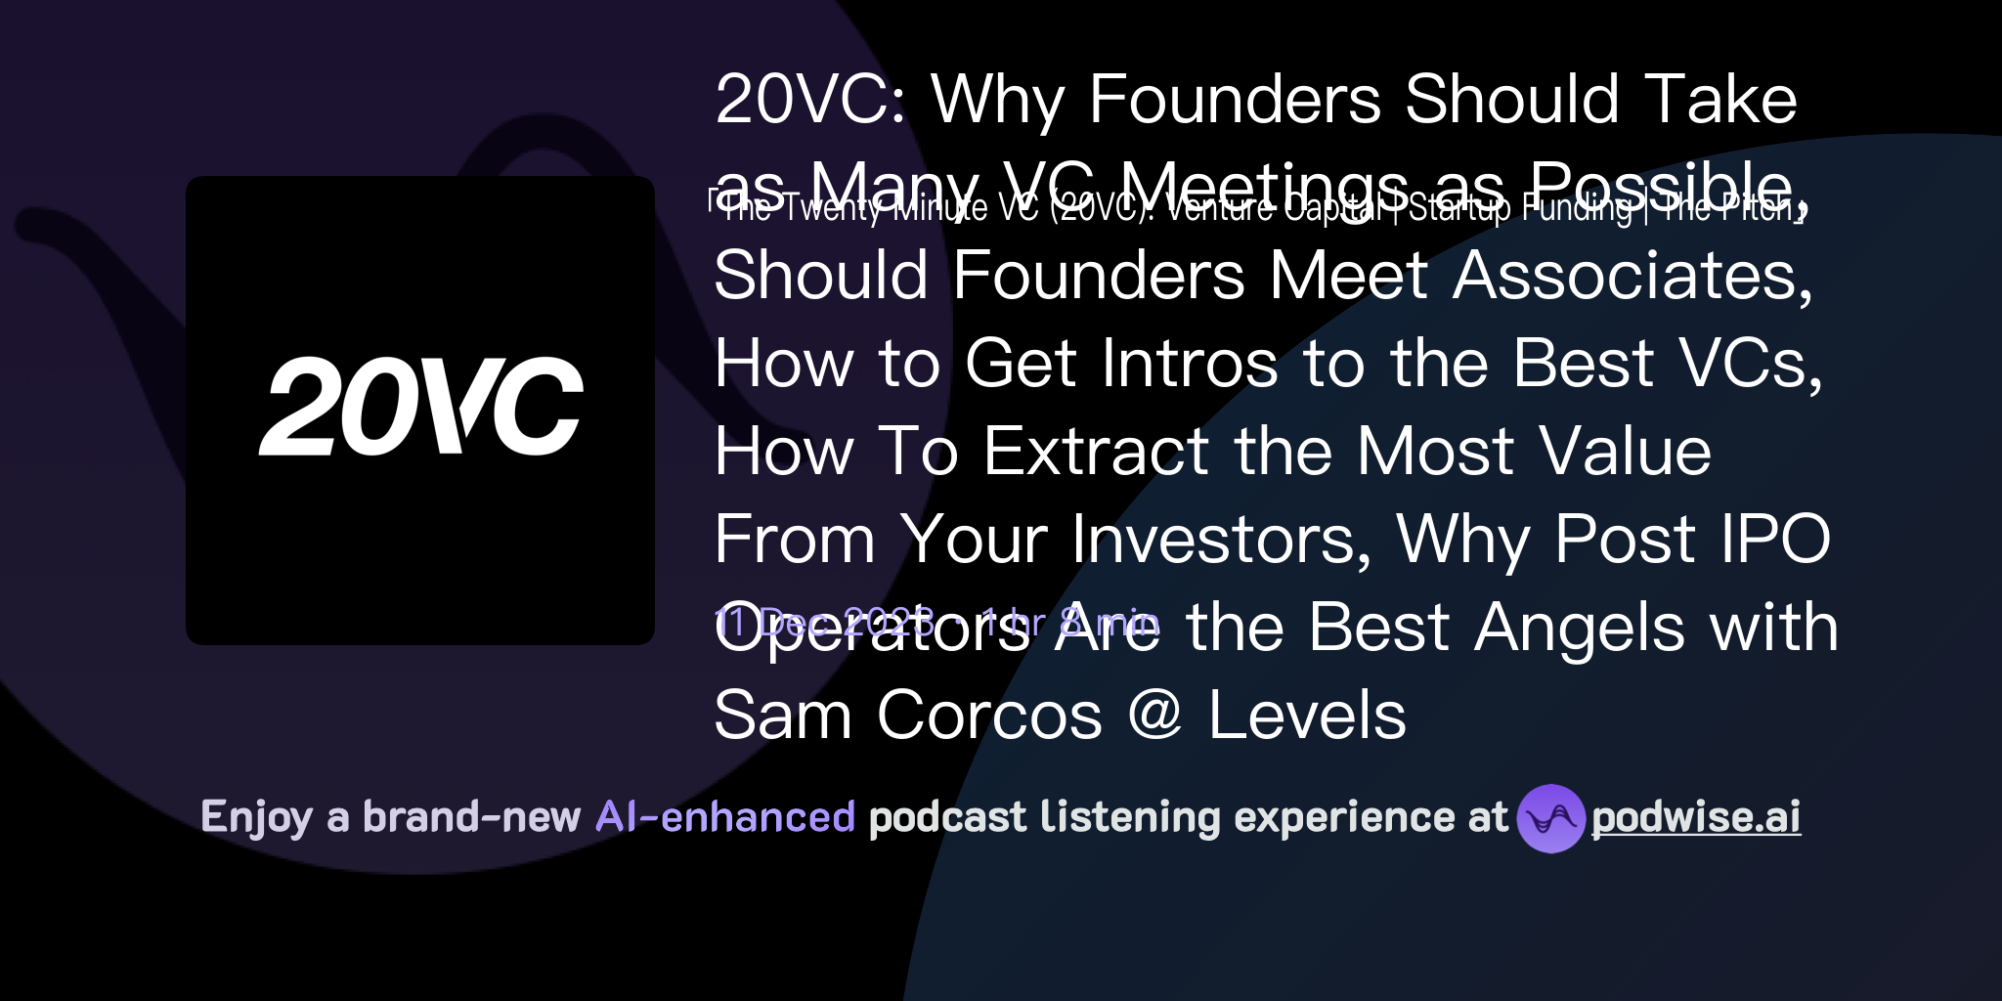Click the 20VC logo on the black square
click(420, 407)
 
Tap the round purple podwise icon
click(1550, 818)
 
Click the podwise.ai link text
click(1696, 817)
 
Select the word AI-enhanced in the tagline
click(725, 817)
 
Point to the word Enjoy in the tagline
click(256, 817)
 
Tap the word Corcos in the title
click(989, 716)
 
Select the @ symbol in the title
click(1155, 716)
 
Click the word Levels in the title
click(1307, 716)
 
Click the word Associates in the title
click(1632, 276)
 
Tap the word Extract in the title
click(1096, 452)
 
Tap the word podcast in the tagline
click(947, 817)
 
